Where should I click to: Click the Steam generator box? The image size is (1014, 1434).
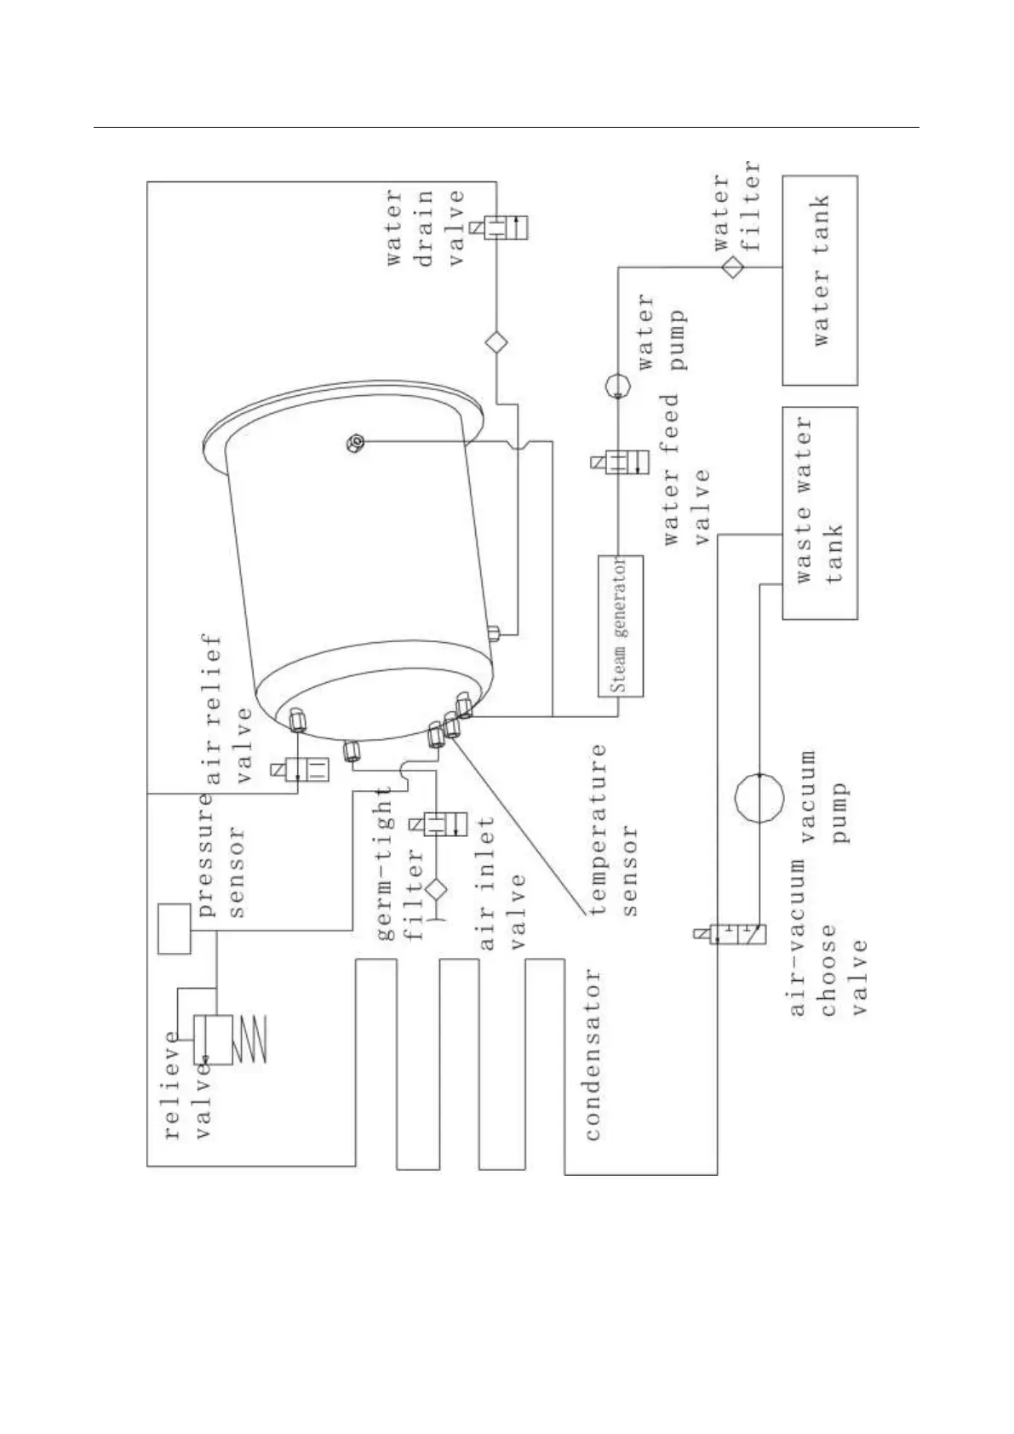(x=620, y=626)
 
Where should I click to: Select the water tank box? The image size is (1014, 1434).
(x=819, y=280)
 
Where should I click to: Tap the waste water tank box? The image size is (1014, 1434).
(x=819, y=513)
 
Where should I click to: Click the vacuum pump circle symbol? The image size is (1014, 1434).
(x=759, y=798)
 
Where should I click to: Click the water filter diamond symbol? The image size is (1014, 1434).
(x=732, y=267)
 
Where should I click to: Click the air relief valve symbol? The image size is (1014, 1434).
(x=305, y=769)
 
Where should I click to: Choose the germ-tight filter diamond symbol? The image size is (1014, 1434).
(x=437, y=889)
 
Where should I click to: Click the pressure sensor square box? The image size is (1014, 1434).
(x=175, y=929)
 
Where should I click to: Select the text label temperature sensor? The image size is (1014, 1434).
(x=613, y=831)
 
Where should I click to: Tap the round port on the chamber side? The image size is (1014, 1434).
(x=356, y=442)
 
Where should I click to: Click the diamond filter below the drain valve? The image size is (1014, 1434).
(x=496, y=342)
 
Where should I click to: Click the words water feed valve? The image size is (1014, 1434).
(x=686, y=470)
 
